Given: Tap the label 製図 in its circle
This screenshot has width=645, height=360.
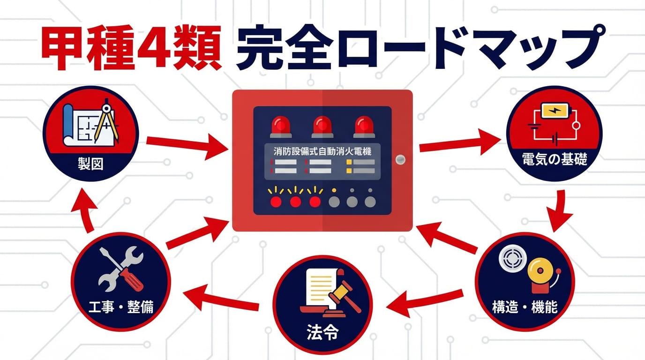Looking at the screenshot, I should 91,165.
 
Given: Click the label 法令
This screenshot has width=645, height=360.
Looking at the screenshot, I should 322,334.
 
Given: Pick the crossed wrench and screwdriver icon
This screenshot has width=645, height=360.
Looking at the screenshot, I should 121,268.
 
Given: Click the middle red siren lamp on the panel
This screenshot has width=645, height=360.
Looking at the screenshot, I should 322,125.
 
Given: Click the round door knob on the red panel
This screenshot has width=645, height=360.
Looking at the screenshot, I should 399,159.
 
